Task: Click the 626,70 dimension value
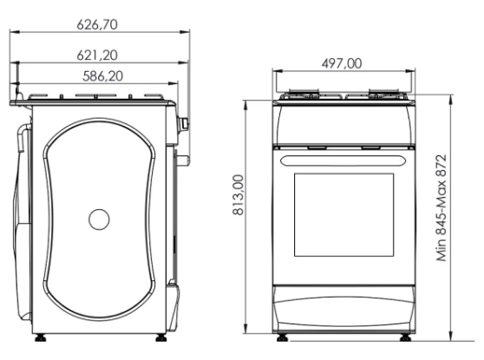pyautogui.click(x=97, y=24)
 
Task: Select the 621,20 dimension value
pyautogui.click(x=97, y=56)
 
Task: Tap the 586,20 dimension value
pyautogui.click(x=103, y=76)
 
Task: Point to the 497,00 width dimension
pyautogui.click(x=342, y=63)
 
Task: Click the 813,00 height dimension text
pyautogui.click(x=239, y=195)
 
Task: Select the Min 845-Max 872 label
pyautogui.click(x=441, y=208)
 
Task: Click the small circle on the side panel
pyautogui.click(x=99, y=219)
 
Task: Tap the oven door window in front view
pyautogui.click(x=343, y=215)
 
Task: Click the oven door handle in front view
pyautogui.click(x=343, y=160)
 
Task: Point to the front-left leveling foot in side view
pyautogui.click(x=41, y=337)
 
